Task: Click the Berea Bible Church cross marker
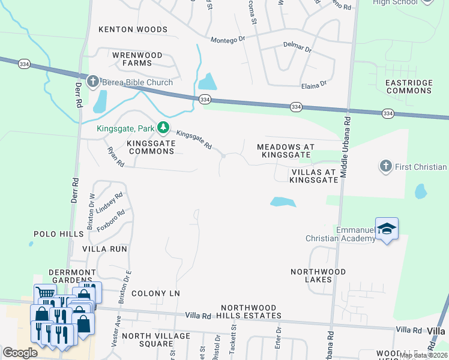[92, 82]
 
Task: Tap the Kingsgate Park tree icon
[163, 127]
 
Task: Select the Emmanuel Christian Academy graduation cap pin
[387, 229]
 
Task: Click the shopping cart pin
[44, 294]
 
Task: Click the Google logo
[20, 353]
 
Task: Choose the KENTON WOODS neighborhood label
[133, 29]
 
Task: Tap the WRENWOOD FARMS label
[137, 59]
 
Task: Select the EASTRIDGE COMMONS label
[409, 86]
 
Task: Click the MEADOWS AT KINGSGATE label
[285, 151]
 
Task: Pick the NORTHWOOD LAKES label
[319, 275]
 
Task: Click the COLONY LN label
[155, 293]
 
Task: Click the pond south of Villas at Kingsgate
[283, 202]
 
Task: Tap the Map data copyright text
[424, 355]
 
